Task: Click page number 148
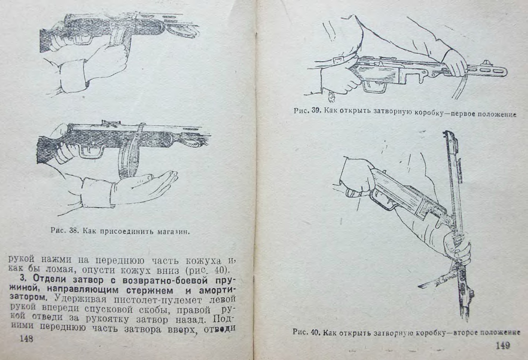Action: [26, 339]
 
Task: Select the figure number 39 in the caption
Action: [316, 111]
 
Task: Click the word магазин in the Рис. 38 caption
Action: [173, 232]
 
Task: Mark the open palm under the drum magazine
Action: [144, 186]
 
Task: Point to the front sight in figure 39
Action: [487, 63]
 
